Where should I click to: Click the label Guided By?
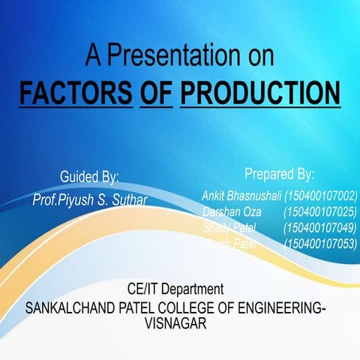(89, 177)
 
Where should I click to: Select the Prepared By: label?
(279, 174)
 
